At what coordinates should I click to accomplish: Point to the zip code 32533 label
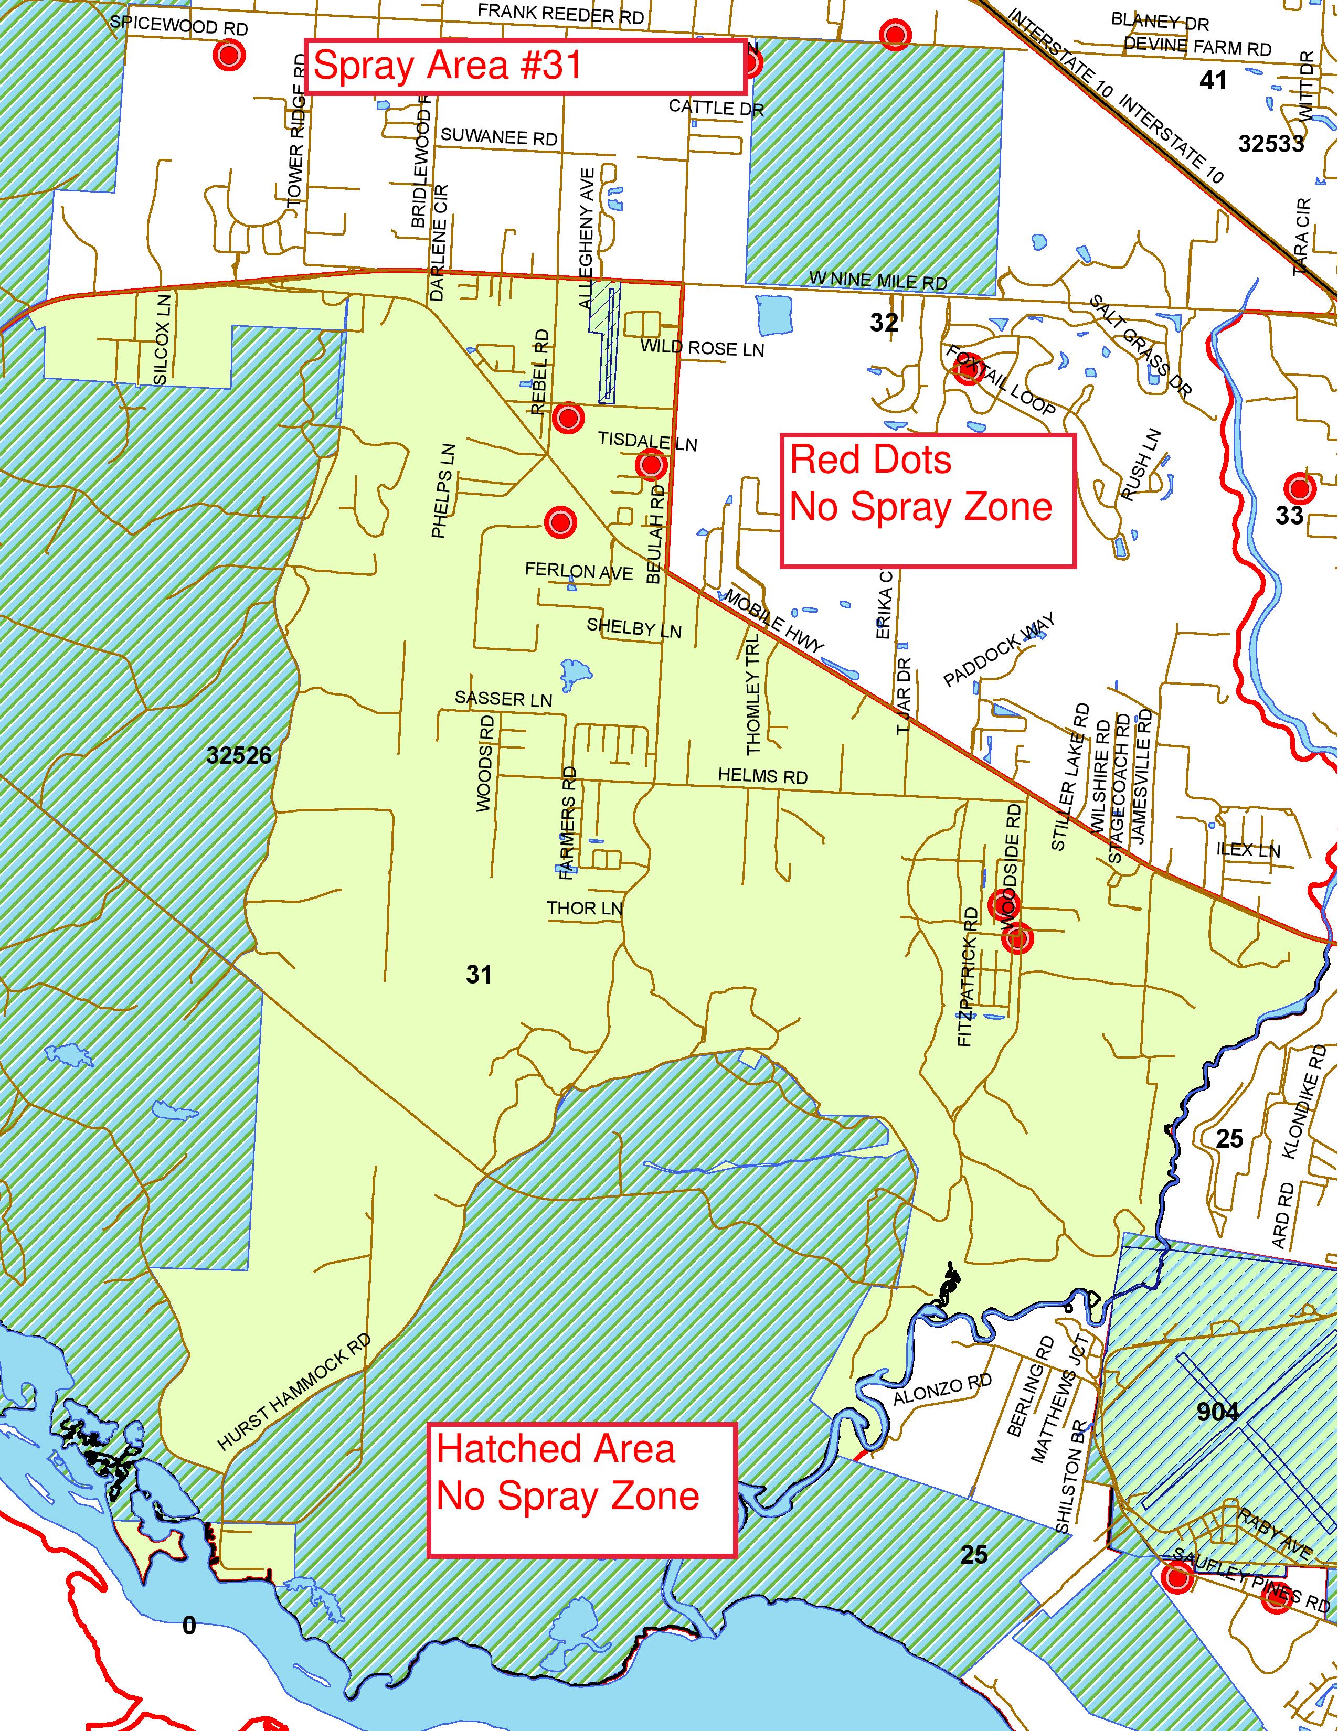click(1271, 143)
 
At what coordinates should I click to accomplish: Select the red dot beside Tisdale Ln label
click(651, 464)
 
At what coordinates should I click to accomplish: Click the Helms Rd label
click(762, 776)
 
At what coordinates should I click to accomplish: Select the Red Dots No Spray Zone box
click(927, 501)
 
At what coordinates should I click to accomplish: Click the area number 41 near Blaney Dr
click(1213, 80)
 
